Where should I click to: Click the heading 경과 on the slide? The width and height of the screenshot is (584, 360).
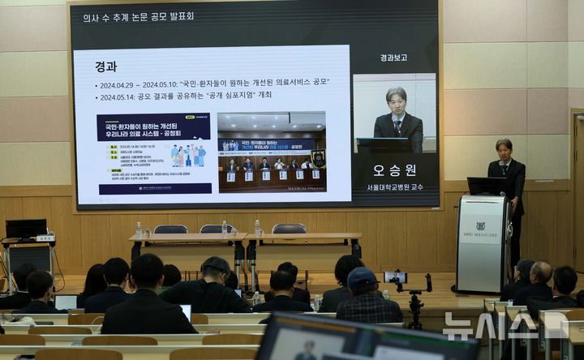[x=106, y=66]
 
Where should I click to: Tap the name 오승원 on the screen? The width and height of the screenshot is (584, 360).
[x=395, y=170]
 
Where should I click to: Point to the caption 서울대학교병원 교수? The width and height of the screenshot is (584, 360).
[x=395, y=187]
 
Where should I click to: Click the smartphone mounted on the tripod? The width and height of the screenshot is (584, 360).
[x=396, y=276]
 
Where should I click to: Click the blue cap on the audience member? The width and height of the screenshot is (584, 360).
[x=362, y=278]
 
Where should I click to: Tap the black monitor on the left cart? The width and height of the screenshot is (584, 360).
[x=26, y=229]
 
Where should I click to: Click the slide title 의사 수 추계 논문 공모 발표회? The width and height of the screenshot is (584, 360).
[x=140, y=17]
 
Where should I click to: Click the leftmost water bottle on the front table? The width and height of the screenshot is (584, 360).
[x=139, y=229]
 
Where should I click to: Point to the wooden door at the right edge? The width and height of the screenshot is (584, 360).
[x=578, y=195]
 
